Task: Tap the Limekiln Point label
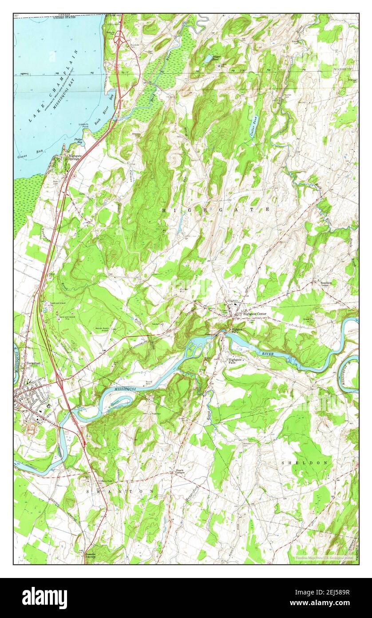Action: [x=83, y=126]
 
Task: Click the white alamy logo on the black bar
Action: [x=44, y=598]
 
